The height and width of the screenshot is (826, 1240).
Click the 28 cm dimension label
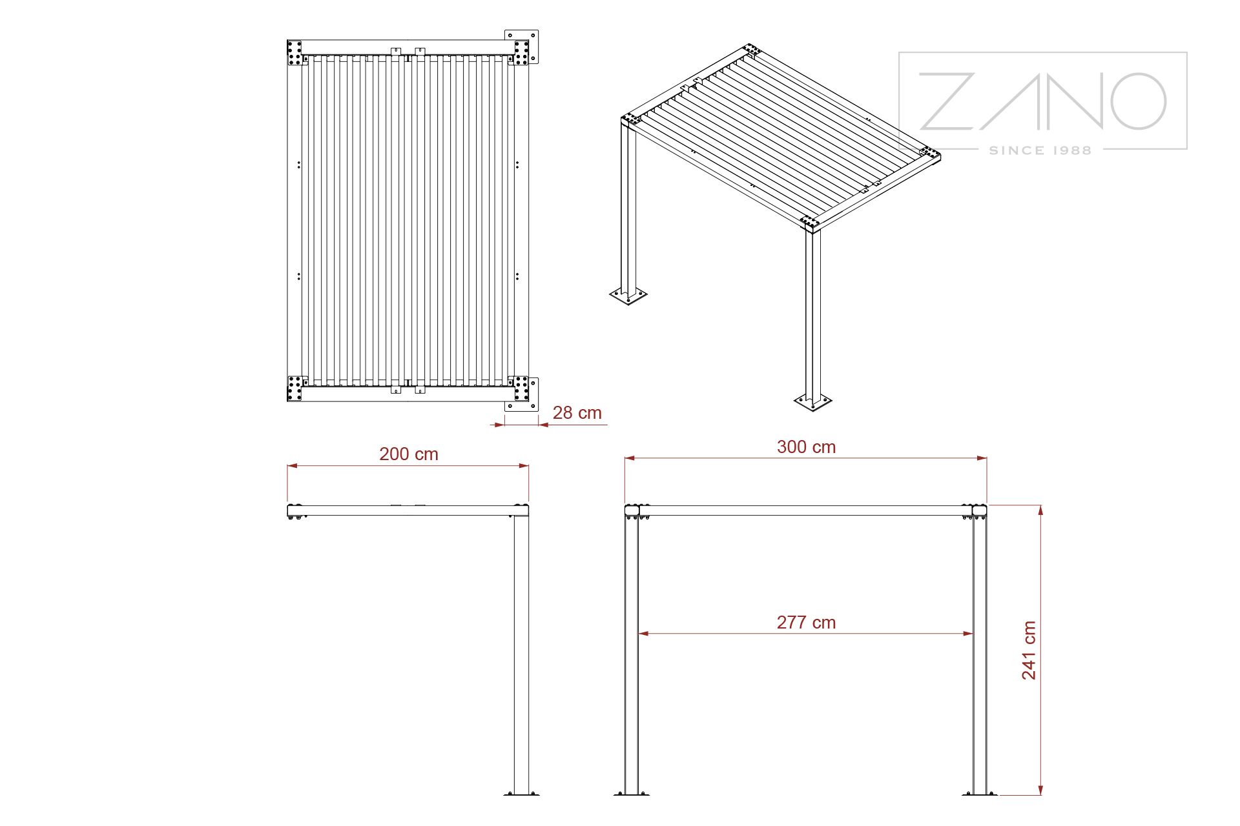point(577,413)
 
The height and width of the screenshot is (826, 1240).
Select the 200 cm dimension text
point(409,454)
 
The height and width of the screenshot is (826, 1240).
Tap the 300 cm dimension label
point(806,447)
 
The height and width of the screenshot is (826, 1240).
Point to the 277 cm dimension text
point(806,623)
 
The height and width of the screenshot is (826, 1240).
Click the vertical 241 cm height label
point(1029,650)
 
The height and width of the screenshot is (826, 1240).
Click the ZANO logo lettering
point(1042,101)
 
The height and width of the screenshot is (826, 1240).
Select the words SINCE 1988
point(1040,150)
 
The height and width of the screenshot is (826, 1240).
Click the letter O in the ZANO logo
point(1138,101)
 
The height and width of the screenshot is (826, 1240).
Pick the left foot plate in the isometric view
point(628,295)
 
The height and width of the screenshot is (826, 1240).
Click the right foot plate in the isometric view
point(812,402)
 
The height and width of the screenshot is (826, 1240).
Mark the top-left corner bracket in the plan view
point(295,53)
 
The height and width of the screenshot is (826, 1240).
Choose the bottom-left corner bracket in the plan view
point(295,388)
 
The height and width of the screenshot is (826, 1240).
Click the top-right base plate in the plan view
point(522,47)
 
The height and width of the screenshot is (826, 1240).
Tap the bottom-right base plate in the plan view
point(522,394)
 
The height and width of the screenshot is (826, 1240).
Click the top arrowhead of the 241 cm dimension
point(1040,510)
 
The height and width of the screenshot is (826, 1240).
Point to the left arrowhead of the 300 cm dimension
point(630,458)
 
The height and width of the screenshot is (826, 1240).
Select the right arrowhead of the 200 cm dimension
point(523,465)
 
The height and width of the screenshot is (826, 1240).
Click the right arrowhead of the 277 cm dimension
point(967,634)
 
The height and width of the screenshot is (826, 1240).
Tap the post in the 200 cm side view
point(521,654)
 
